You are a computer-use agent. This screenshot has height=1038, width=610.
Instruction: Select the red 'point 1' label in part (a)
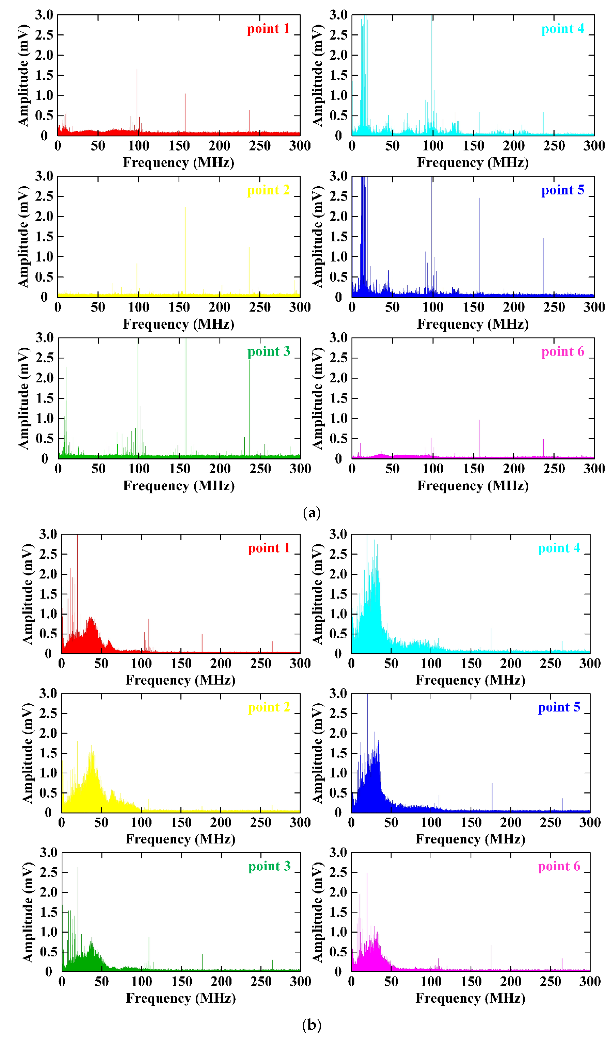[268, 29]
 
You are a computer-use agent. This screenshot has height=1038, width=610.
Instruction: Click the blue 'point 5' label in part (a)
[563, 190]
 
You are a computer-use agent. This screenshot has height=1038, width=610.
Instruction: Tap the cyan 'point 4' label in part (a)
[563, 29]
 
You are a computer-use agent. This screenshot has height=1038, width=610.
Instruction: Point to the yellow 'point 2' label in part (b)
[269, 708]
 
